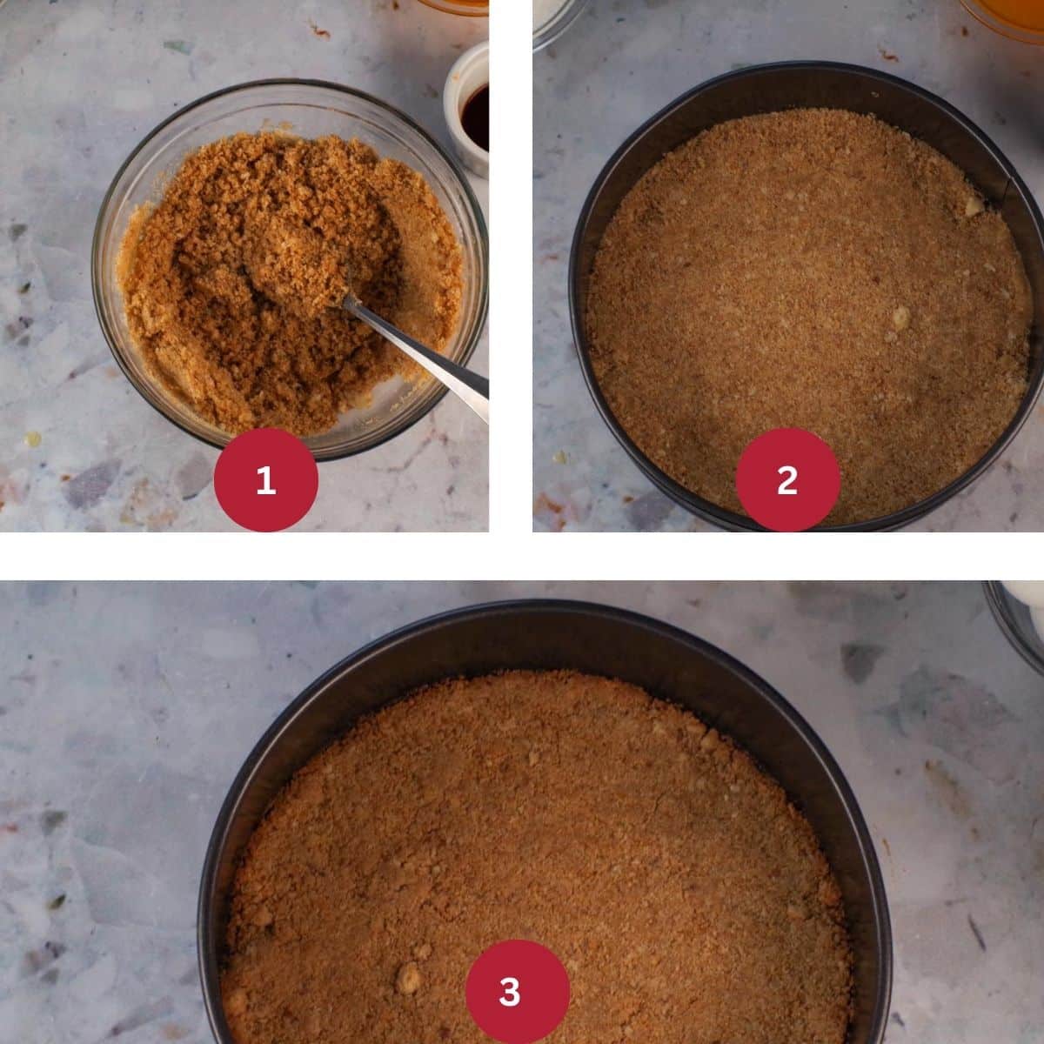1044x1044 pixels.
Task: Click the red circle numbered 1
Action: [x=265, y=479]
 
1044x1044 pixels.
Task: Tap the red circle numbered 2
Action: [x=787, y=479]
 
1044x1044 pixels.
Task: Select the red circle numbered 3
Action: [x=518, y=992]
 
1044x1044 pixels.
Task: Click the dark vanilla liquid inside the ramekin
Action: [x=477, y=117]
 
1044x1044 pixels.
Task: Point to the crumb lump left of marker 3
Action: [x=407, y=977]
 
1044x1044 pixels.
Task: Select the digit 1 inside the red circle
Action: [x=265, y=479]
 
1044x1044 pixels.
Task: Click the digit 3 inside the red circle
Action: [x=510, y=992]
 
